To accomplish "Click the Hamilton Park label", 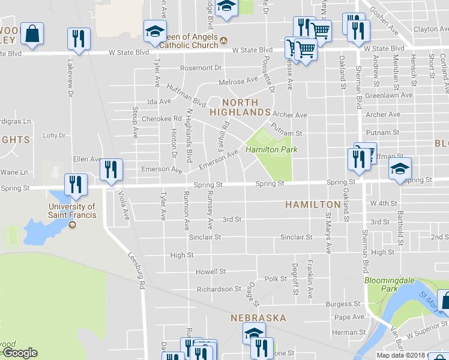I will pyautogui.click(x=271, y=149).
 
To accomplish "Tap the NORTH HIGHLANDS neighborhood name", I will pyautogui.click(x=240, y=107).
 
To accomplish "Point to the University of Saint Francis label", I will pyautogui.click(x=71, y=211).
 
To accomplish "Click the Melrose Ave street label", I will pyautogui.click(x=238, y=81).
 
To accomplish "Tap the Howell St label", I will pyautogui.click(x=211, y=272).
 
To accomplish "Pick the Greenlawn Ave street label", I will pyautogui.click(x=389, y=95).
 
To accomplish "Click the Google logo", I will pyautogui.click(x=20, y=353).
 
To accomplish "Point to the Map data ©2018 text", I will pyautogui.click(x=400, y=355).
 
